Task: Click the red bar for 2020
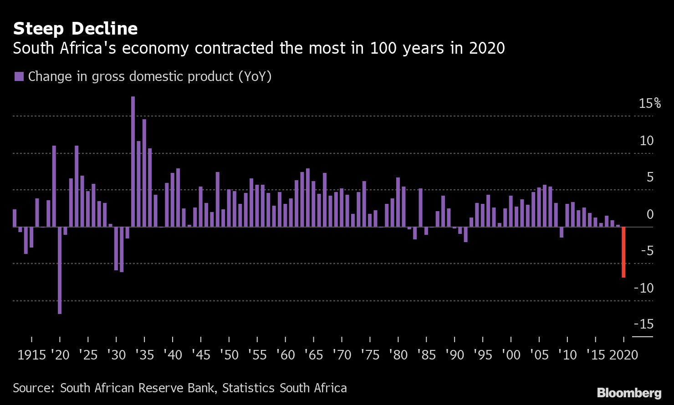point(623,252)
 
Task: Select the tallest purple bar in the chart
point(133,161)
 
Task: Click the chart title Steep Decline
point(75,29)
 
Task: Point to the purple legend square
point(19,76)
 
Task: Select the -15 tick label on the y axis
point(643,324)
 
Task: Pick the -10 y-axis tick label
point(643,288)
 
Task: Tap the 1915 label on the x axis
point(31,355)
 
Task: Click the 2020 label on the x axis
point(623,355)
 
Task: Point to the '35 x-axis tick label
point(144,355)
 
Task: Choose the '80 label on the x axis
point(398,355)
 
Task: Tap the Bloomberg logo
point(629,393)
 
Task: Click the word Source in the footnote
point(32,388)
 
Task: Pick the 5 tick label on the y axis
point(650,177)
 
